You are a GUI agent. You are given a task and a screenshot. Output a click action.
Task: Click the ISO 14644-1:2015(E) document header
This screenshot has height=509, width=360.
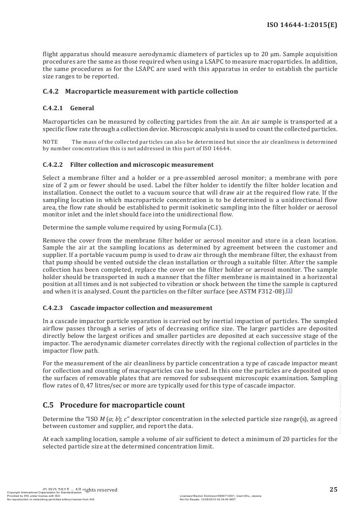(302, 25)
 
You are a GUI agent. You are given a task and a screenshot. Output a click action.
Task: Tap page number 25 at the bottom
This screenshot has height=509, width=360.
(333, 489)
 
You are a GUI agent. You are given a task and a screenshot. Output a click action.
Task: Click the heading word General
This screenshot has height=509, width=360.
(82, 108)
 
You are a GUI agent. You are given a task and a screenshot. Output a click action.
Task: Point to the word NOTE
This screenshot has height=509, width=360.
(50, 142)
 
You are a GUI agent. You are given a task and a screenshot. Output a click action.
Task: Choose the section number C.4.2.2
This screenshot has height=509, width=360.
(53, 165)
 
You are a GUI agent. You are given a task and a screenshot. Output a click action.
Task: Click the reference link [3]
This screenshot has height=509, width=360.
(289, 290)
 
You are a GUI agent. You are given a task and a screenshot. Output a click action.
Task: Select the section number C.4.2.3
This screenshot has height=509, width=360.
(53, 308)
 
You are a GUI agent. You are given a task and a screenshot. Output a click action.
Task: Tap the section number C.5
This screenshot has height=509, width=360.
(48, 405)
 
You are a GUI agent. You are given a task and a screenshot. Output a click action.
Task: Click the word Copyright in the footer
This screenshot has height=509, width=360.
(16, 492)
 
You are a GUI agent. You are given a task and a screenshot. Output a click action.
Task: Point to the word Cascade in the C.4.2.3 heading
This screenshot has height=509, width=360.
(82, 308)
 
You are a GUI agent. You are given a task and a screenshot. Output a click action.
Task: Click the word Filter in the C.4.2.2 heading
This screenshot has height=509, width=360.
(78, 165)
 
